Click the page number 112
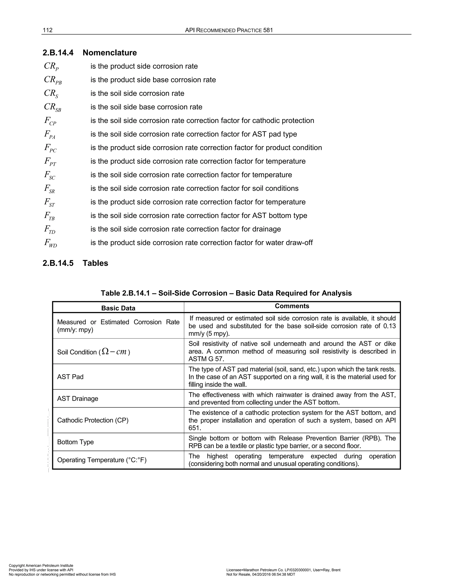click(x=48, y=30)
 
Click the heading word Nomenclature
click(x=109, y=53)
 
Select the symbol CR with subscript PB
click(x=53, y=80)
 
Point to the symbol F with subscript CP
click(x=50, y=121)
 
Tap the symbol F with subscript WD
click(x=50, y=243)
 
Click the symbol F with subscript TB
click(x=50, y=216)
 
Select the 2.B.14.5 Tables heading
click(x=75, y=263)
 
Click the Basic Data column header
click(x=118, y=308)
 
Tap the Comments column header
click(x=292, y=306)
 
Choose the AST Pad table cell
click(x=70, y=377)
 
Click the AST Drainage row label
click(x=78, y=398)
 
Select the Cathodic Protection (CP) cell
click(x=93, y=420)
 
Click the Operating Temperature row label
click(x=102, y=460)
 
